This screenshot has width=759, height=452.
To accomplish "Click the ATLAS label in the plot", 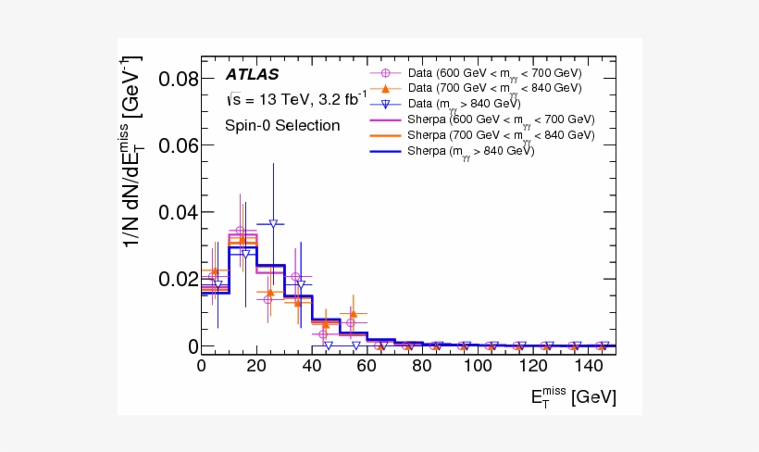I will [253, 74].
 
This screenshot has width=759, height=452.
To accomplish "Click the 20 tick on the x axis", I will [256, 366].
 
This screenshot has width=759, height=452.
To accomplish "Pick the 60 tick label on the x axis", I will [367, 366].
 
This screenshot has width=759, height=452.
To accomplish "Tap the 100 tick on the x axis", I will [477, 366].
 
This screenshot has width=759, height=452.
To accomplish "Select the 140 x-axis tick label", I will [587, 366].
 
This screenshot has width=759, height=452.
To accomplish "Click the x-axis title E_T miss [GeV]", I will [573, 397].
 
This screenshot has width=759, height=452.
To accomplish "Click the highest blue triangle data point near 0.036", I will [273, 224].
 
